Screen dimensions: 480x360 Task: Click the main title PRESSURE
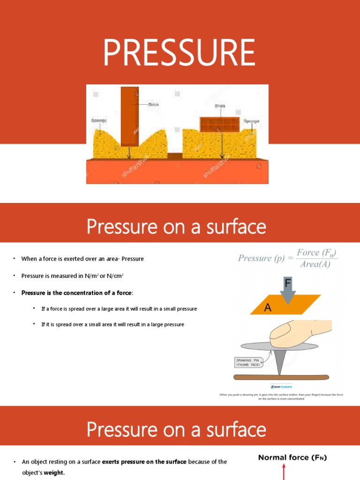pyautogui.click(x=180, y=52)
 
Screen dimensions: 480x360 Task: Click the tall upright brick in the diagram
pyautogui.click(x=130, y=116)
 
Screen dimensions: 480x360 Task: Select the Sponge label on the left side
pyautogui.click(x=98, y=120)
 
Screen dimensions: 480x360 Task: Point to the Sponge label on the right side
pyautogui.click(x=251, y=121)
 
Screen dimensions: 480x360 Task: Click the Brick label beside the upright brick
pyautogui.click(x=154, y=105)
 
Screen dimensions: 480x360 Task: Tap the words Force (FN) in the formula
pyautogui.click(x=317, y=253)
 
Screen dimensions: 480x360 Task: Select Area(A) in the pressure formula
pyautogui.click(x=315, y=264)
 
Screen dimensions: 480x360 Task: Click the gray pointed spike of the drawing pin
pyautogui.click(x=279, y=361)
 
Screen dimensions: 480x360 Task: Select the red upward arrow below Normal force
pyautogui.click(x=284, y=471)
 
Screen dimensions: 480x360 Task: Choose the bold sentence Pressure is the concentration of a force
pyautogui.click(x=77, y=293)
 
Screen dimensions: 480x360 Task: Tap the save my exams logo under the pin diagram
pyautogui.click(x=281, y=387)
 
